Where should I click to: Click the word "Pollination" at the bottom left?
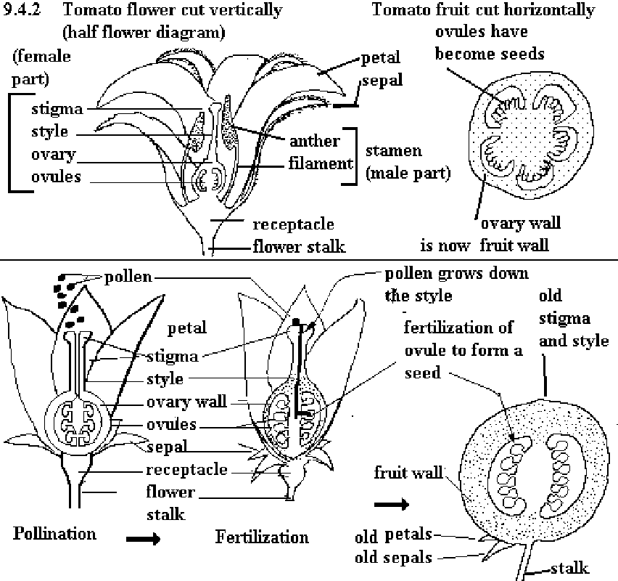tap(54, 534)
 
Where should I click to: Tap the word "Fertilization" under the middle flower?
tap(262, 537)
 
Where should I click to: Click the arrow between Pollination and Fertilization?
tap(141, 539)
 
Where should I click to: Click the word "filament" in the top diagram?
tap(319, 163)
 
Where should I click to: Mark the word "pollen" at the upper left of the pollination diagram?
tap(128, 277)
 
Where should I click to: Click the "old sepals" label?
tap(394, 558)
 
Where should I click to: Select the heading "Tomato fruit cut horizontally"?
tap(483, 10)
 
